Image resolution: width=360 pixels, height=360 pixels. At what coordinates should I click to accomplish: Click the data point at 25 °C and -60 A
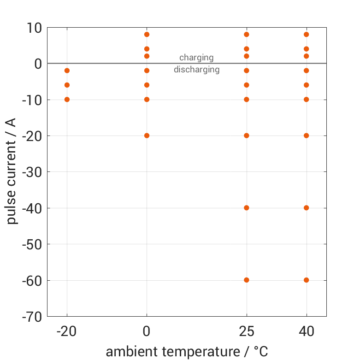(x=247, y=280)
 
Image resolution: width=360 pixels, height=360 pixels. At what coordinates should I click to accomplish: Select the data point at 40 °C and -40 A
(x=306, y=208)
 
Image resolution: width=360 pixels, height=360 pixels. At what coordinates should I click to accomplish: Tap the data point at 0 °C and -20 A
(x=147, y=136)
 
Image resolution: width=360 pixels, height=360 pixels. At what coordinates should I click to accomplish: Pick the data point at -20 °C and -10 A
(x=67, y=100)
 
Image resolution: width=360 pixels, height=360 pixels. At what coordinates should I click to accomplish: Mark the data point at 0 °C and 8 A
(x=147, y=35)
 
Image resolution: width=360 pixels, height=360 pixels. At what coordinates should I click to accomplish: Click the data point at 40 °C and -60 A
(x=306, y=280)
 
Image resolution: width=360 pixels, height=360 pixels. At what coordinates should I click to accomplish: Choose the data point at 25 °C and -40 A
(x=247, y=208)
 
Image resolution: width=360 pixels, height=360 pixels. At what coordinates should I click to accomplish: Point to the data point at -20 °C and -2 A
(x=67, y=71)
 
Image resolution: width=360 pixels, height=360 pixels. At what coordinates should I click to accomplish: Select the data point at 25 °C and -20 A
(x=247, y=136)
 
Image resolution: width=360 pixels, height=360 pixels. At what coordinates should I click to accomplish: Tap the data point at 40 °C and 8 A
(x=306, y=35)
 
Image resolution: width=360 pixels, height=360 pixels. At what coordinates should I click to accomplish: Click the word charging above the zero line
(x=196, y=58)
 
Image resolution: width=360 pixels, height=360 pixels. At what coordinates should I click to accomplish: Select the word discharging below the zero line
(x=196, y=70)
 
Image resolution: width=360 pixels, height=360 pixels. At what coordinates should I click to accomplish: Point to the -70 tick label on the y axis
(x=31, y=317)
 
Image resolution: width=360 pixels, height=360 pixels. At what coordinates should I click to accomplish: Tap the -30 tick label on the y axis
(x=31, y=172)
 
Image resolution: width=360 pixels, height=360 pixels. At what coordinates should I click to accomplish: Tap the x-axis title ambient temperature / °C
(x=187, y=352)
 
